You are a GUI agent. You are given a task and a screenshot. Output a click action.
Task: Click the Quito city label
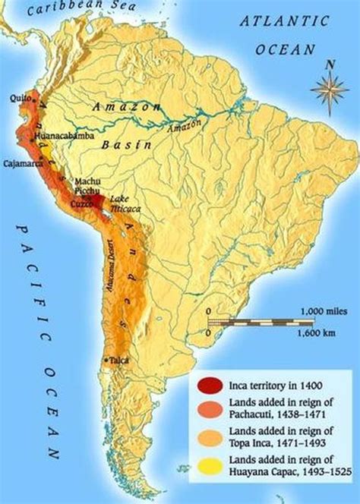(19, 99)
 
